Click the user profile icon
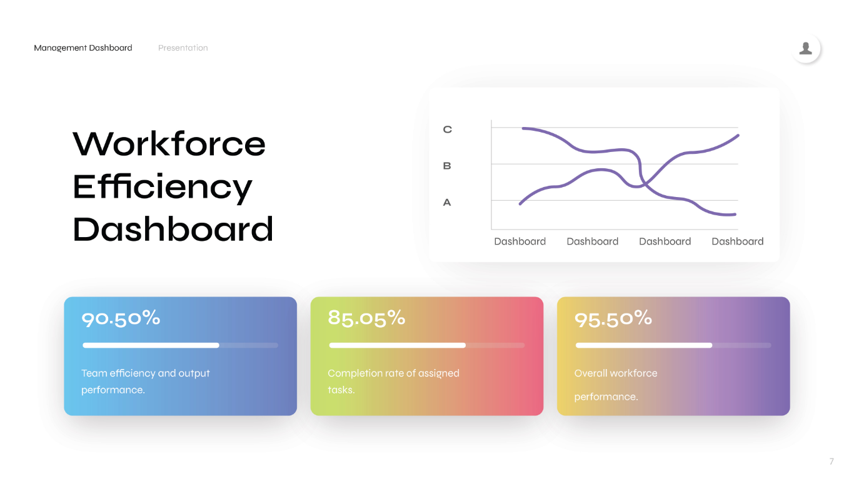point(806,48)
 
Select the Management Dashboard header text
point(83,48)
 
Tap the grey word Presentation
point(183,48)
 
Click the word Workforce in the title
point(169,144)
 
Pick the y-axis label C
point(447,129)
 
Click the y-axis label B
point(447,166)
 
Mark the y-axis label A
point(447,203)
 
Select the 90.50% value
point(121,318)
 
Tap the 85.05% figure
point(366,318)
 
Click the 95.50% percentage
point(613,319)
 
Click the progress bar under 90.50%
point(180,345)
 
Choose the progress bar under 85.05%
point(427,345)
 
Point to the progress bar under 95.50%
point(673,345)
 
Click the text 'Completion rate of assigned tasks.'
point(393,382)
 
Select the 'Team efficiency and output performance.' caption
point(145,382)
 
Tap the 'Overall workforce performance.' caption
point(616,385)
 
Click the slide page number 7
point(831,461)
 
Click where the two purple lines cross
point(644,185)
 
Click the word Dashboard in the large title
point(173,230)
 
